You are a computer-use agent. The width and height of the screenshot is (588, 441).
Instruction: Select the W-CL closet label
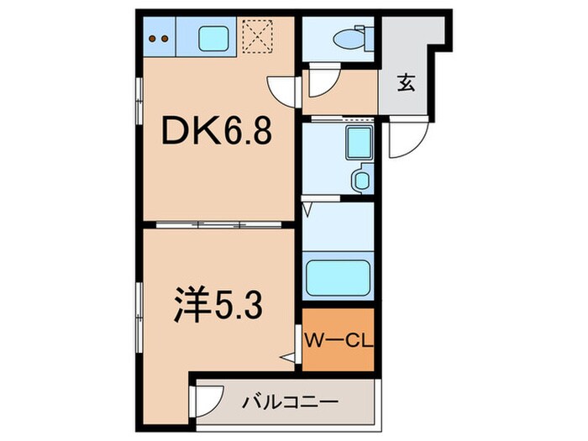[337, 340]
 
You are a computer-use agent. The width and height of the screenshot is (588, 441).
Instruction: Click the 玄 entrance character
[407, 83]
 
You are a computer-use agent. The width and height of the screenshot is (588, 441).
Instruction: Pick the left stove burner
[152, 37]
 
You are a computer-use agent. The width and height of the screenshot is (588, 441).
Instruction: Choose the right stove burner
[165, 37]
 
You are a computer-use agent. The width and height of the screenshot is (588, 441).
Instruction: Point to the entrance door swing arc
[402, 144]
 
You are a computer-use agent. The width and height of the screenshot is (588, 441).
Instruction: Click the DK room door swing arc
[282, 88]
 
